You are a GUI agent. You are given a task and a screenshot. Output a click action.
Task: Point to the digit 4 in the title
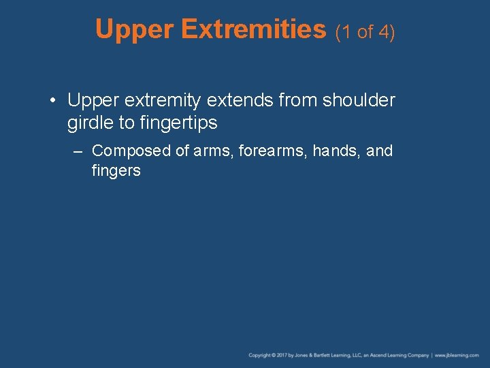(385, 31)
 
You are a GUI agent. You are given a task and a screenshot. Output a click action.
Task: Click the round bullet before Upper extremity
(53, 101)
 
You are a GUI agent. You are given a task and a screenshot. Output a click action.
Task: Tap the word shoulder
(359, 100)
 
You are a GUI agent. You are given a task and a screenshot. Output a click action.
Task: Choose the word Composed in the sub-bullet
(131, 151)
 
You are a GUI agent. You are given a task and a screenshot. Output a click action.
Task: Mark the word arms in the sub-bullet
(213, 151)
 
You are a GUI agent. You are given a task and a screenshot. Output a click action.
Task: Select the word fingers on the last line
(116, 170)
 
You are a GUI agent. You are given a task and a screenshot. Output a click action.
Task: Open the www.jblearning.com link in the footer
(457, 356)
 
